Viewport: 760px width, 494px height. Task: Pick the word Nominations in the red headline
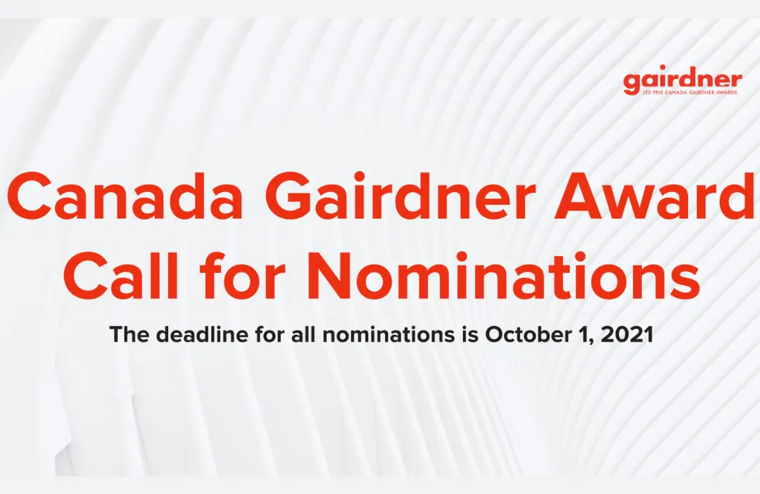[x=506, y=277]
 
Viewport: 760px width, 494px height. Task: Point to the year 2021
[x=629, y=335]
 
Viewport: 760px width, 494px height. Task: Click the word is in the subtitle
[x=470, y=335]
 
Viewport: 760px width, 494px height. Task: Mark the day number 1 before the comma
[x=585, y=335]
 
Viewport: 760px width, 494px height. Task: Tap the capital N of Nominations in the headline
[x=333, y=277]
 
